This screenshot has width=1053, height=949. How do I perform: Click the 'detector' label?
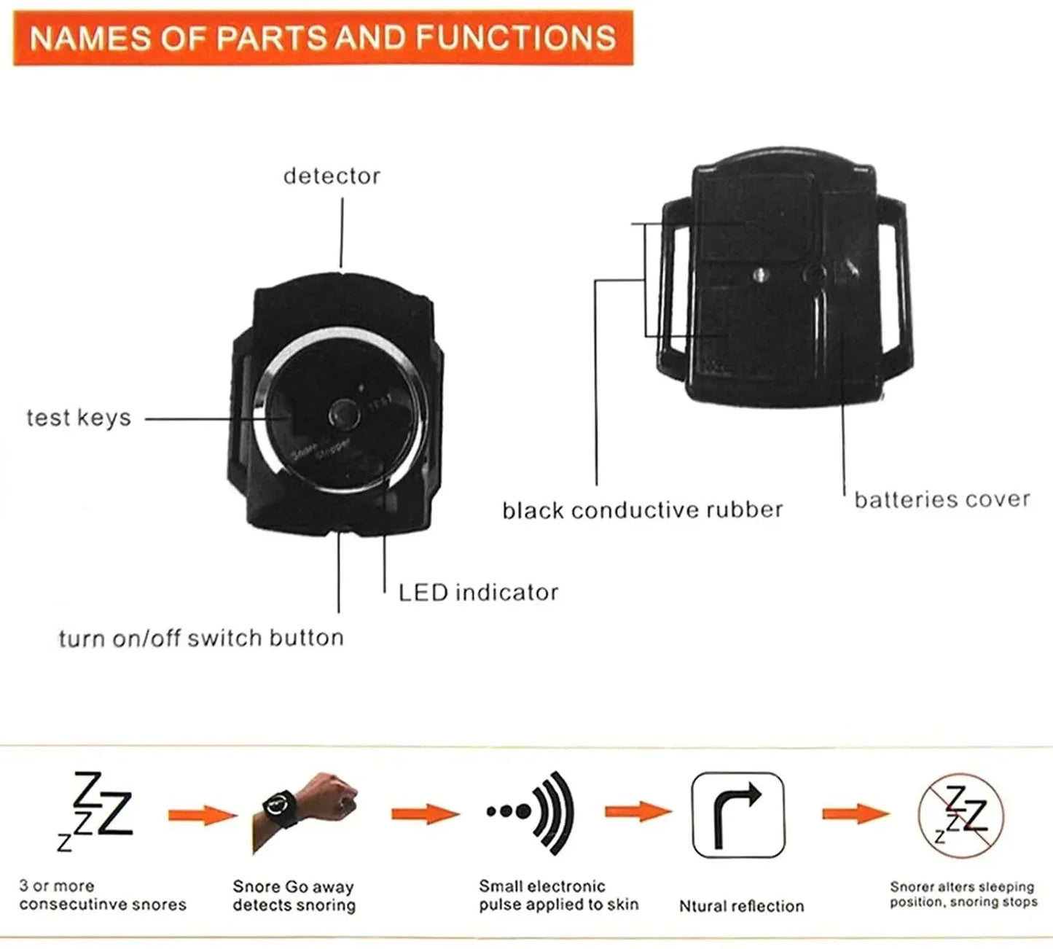(x=332, y=176)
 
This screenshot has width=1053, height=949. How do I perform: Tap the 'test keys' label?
(x=79, y=418)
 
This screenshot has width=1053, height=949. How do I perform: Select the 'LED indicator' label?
(x=478, y=592)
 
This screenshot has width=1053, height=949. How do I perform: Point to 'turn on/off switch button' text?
(x=201, y=638)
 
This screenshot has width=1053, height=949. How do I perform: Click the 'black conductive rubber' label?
(x=642, y=509)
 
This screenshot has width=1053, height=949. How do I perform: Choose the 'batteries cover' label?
(x=942, y=499)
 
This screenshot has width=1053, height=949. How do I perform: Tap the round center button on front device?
(x=341, y=414)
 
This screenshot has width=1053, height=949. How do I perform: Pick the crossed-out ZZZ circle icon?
(x=960, y=815)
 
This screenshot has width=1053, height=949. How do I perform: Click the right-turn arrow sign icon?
(x=737, y=815)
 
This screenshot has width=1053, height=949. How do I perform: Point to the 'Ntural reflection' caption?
(x=741, y=906)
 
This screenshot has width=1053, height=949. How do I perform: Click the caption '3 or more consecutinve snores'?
(x=102, y=895)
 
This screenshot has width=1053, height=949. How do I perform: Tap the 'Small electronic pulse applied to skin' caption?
(x=558, y=895)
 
